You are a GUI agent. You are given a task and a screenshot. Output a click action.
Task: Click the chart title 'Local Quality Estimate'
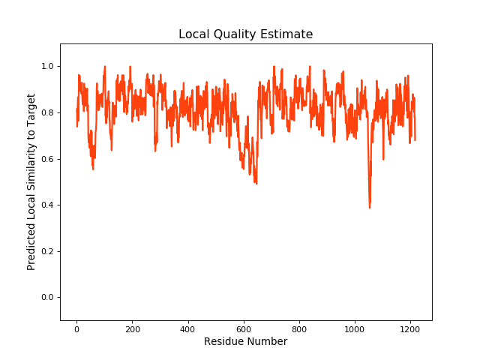tap(245, 34)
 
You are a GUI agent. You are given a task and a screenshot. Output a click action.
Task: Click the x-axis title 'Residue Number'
tap(245, 342)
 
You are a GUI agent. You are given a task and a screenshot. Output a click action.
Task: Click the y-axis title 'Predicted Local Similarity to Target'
tap(31, 182)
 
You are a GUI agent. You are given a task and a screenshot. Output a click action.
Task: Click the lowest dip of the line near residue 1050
tap(370, 207)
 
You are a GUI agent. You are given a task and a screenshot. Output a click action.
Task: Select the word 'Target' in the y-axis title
tap(31, 109)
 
